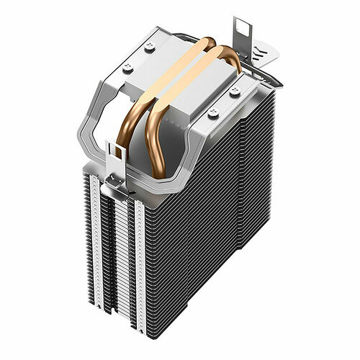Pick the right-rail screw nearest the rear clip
pyautogui.click(x=235, y=91)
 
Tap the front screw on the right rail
pyautogui.click(x=212, y=112)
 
